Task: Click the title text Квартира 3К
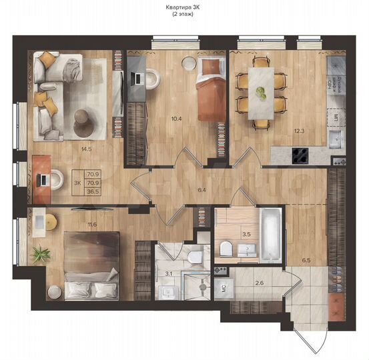pos(184,7)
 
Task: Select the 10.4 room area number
pos(176,119)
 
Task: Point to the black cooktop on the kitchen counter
pos(299,157)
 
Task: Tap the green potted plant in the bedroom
pos(41,253)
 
